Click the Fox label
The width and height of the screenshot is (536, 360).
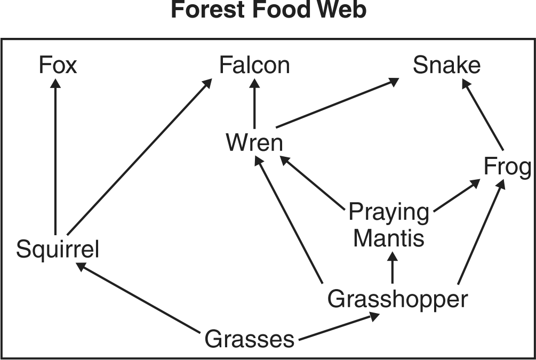tap(58, 66)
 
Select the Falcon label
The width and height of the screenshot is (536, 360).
tap(254, 66)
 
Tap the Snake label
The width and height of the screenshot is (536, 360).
tap(446, 66)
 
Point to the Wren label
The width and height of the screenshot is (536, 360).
tap(254, 143)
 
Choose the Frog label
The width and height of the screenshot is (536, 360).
tap(507, 167)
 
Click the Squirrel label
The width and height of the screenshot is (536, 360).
tap(58, 249)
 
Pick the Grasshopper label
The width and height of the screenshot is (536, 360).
tap(397, 299)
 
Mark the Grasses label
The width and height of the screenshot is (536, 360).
tap(249, 339)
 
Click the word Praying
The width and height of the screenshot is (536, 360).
tap(388, 213)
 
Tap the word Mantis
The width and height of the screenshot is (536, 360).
tap(388, 238)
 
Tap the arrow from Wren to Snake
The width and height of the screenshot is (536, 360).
tap(337, 103)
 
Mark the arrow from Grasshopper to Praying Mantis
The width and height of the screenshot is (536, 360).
tap(393, 267)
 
